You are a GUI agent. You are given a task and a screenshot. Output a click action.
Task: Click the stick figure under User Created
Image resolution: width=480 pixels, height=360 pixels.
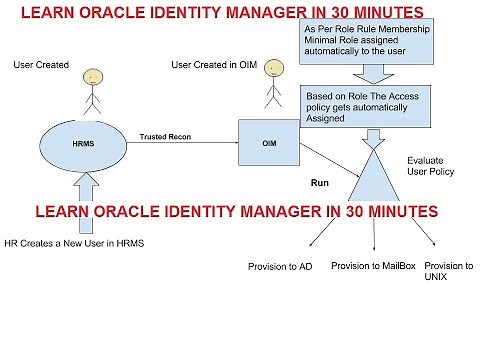(91, 88)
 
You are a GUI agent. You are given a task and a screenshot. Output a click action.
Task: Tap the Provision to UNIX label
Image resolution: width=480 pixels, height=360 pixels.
(448, 271)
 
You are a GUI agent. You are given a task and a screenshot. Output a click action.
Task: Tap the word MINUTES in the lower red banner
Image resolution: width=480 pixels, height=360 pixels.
(385, 213)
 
